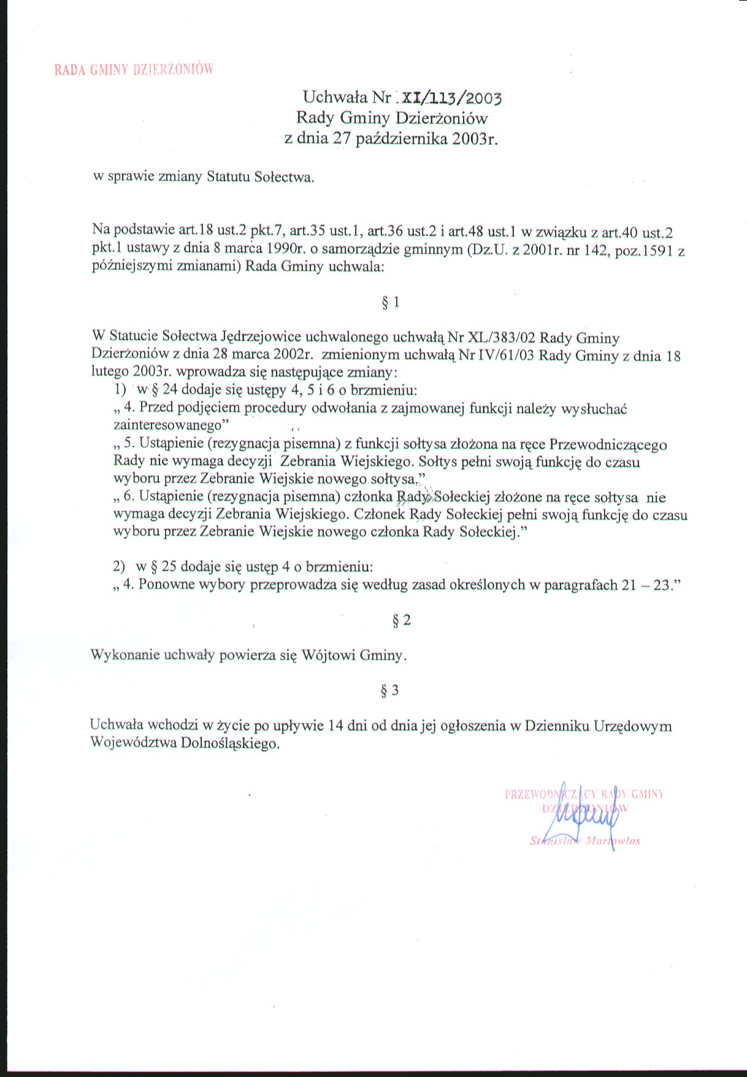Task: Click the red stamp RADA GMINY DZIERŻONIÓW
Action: pyautogui.click(x=134, y=69)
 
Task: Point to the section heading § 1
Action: pyautogui.click(x=391, y=302)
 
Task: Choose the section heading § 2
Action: pyautogui.click(x=402, y=620)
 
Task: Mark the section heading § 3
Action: pyautogui.click(x=390, y=690)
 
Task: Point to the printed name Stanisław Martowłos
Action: pyautogui.click(x=585, y=841)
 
